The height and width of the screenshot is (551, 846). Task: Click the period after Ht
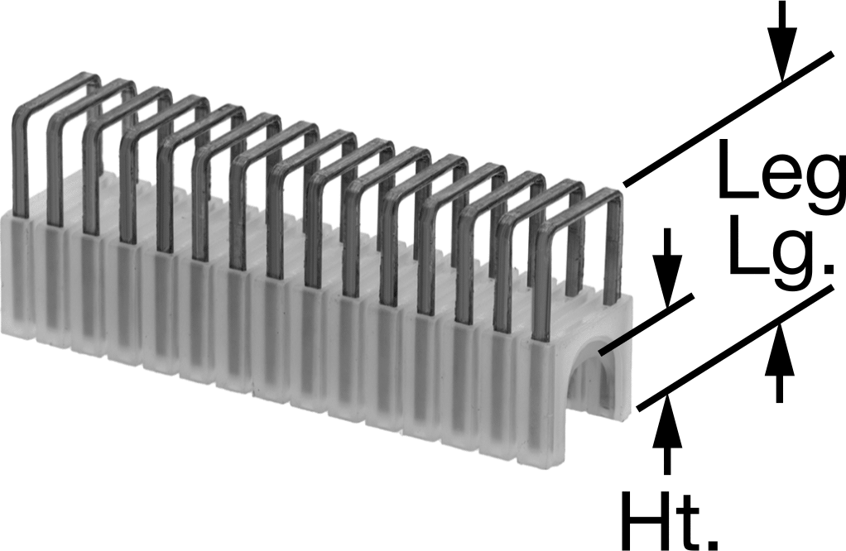[x=712, y=541]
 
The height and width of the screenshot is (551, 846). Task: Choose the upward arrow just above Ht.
[x=667, y=434]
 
